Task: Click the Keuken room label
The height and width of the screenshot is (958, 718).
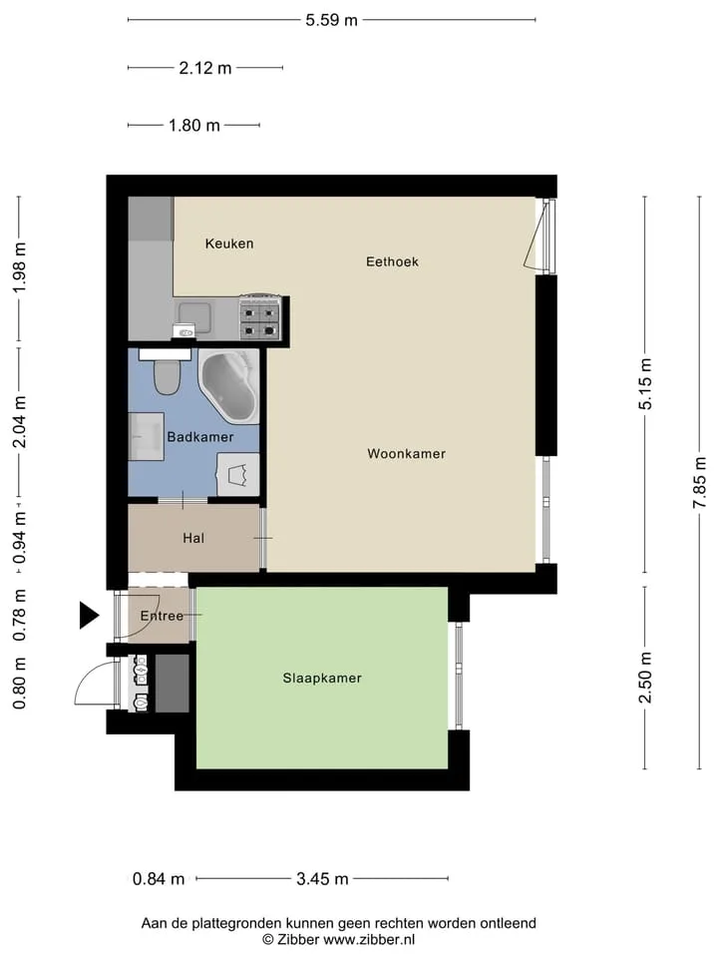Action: click(229, 243)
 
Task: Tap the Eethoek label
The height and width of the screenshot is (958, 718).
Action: click(392, 261)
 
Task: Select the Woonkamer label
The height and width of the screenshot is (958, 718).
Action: click(406, 453)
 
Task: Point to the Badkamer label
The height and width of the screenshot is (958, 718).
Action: click(200, 437)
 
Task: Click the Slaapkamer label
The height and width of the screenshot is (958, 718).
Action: click(322, 678)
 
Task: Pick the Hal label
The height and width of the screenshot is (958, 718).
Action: click(193, 538)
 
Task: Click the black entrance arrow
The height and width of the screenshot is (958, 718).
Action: click(89, 615)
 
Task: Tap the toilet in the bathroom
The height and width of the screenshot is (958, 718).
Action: click(167, 375)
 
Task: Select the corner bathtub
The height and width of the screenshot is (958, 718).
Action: click(229, 386)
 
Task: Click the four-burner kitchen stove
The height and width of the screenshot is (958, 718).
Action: click(260, 317)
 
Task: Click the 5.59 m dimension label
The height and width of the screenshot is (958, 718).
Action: click(331, 20)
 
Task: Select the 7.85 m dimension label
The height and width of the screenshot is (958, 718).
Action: click(700, 483)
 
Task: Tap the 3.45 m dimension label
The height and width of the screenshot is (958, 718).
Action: click(322, 878)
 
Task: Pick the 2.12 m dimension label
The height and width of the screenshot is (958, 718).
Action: click(205, 68)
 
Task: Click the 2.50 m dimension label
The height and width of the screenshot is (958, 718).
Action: click(645, 678)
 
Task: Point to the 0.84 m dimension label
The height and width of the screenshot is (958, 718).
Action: click(159, 878)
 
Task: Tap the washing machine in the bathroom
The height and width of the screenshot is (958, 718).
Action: click(238, 474)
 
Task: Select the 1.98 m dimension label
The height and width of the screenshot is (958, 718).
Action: click(20, 267)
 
